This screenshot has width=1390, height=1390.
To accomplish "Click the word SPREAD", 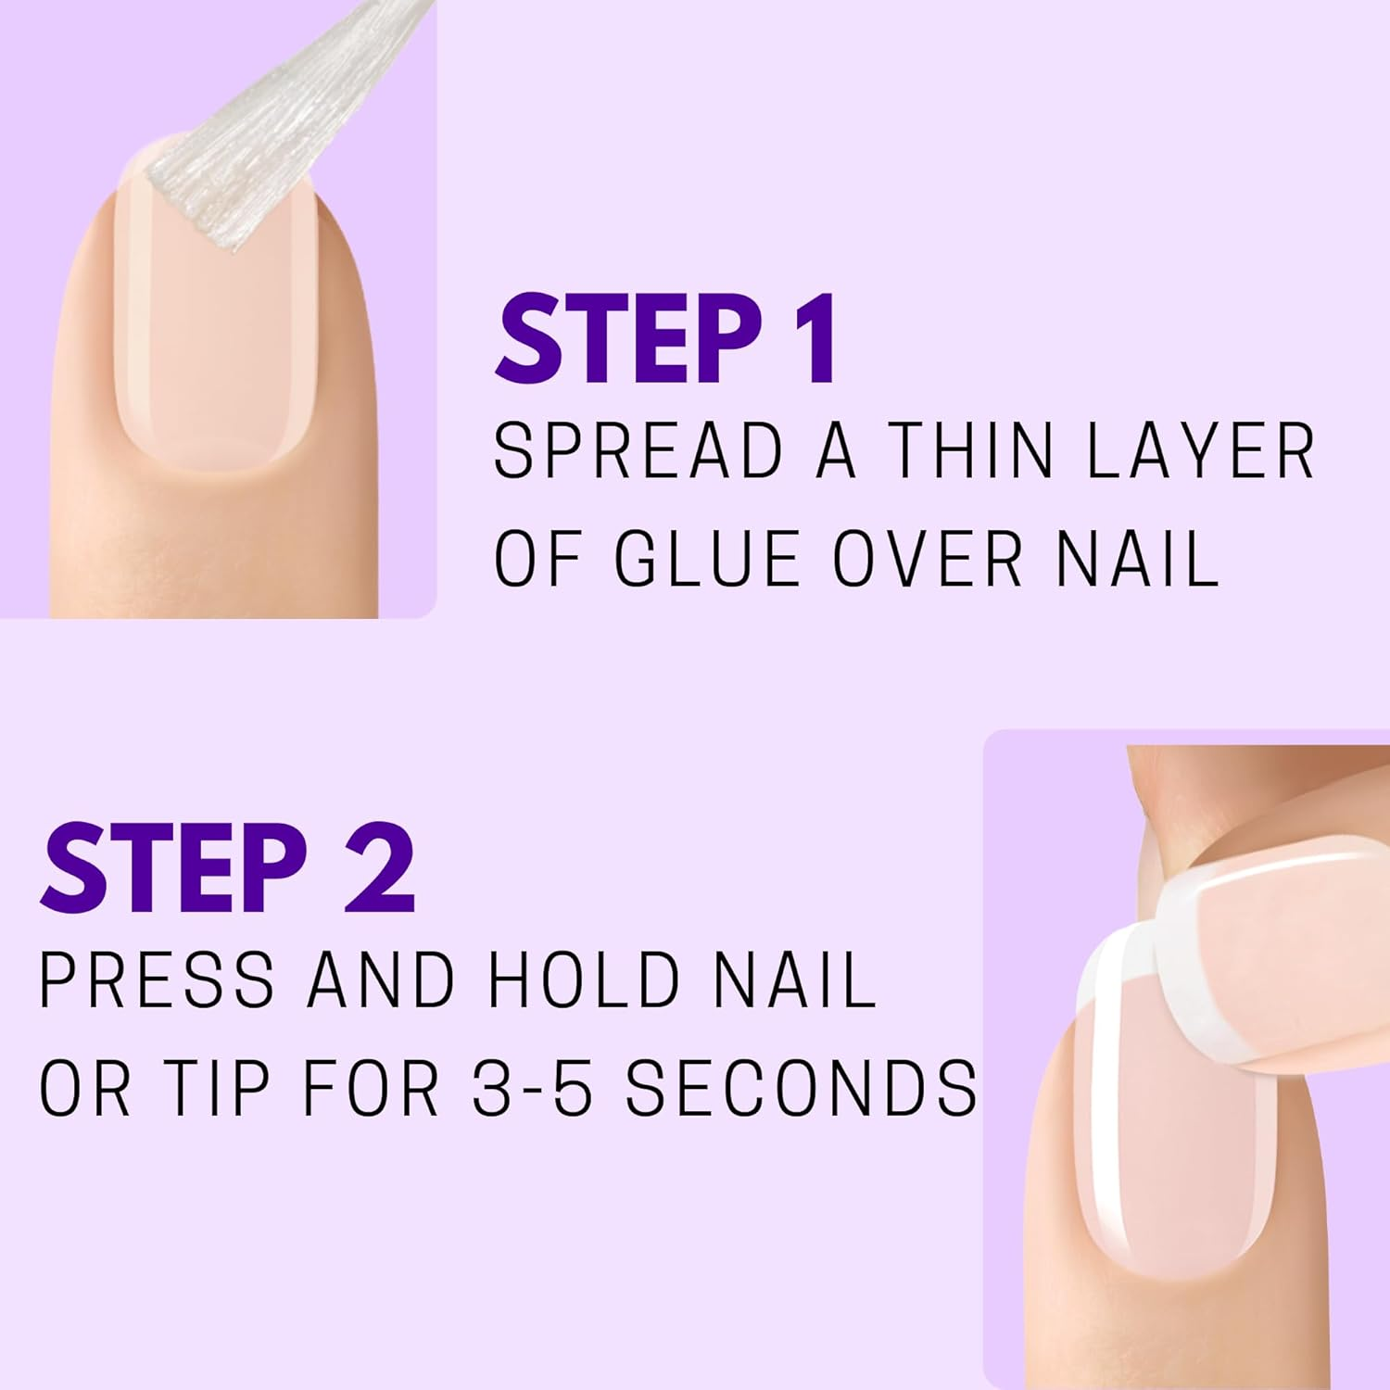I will click(638, 451).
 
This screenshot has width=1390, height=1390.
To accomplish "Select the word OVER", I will click(928, 559).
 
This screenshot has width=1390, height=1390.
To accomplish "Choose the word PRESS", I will click(158, 979).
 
